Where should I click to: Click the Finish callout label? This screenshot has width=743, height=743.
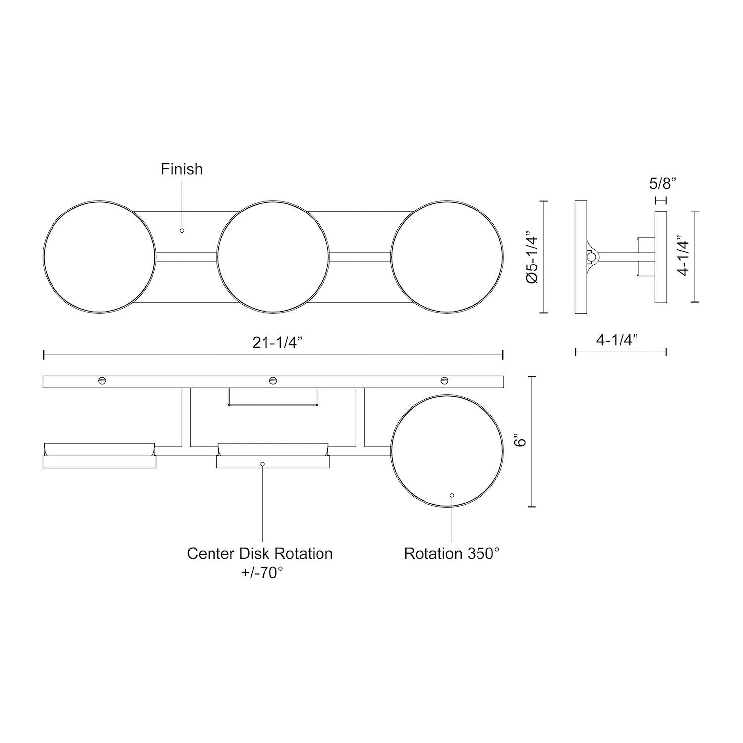click(182, 169)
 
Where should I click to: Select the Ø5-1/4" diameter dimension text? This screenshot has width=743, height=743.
click(532, 257)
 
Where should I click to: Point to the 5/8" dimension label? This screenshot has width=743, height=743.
click(662, 184)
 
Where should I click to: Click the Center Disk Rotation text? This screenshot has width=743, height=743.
click(260, 553)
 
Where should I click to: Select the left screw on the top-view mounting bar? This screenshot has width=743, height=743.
click(102, 380)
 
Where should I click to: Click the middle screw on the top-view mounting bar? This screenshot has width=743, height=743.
click(272, 380)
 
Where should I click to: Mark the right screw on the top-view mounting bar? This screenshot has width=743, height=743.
click(444, 380)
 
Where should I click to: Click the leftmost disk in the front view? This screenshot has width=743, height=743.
click(99, 257)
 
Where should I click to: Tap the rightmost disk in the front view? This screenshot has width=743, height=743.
click(447, 257)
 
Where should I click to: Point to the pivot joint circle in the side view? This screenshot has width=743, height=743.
click(591, 257)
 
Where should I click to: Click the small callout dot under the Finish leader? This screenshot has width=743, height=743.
click(182, 231)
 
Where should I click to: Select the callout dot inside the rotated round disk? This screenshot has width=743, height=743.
click(452, 495)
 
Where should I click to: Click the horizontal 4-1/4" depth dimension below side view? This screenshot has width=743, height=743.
click(617, 340)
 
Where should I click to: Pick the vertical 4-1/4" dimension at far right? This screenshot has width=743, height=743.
click(684, 257)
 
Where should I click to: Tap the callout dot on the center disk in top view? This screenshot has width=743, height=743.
click(262, 464)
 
